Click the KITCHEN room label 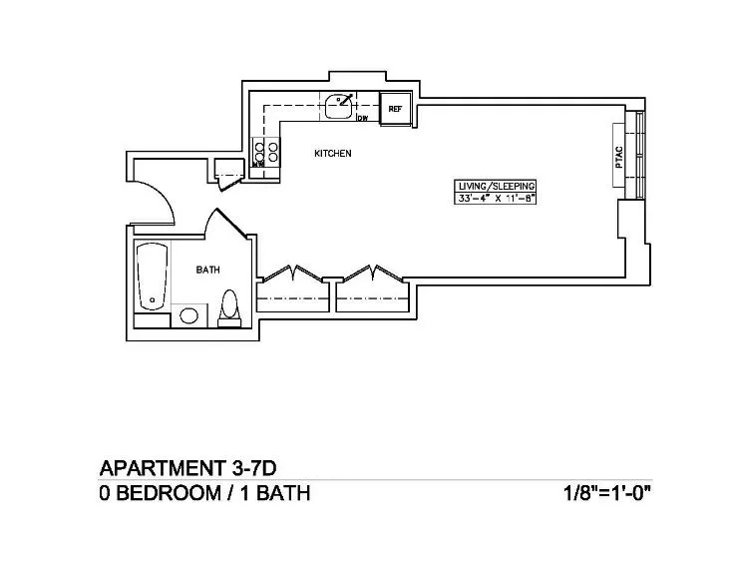pos(333,154)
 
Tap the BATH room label pos(207,270)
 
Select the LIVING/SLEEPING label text pos(497,187)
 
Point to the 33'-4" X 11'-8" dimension pos(497,198)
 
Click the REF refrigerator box pos(395,108)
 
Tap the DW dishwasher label pos(364,118)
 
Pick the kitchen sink pos(340,102)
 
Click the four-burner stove pos(268,153)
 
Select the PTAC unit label pos(620,157)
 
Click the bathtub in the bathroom pos(153,274)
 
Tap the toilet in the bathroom pos(229,308)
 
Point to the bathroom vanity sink pos(187,317)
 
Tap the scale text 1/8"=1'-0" pos(608,493)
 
